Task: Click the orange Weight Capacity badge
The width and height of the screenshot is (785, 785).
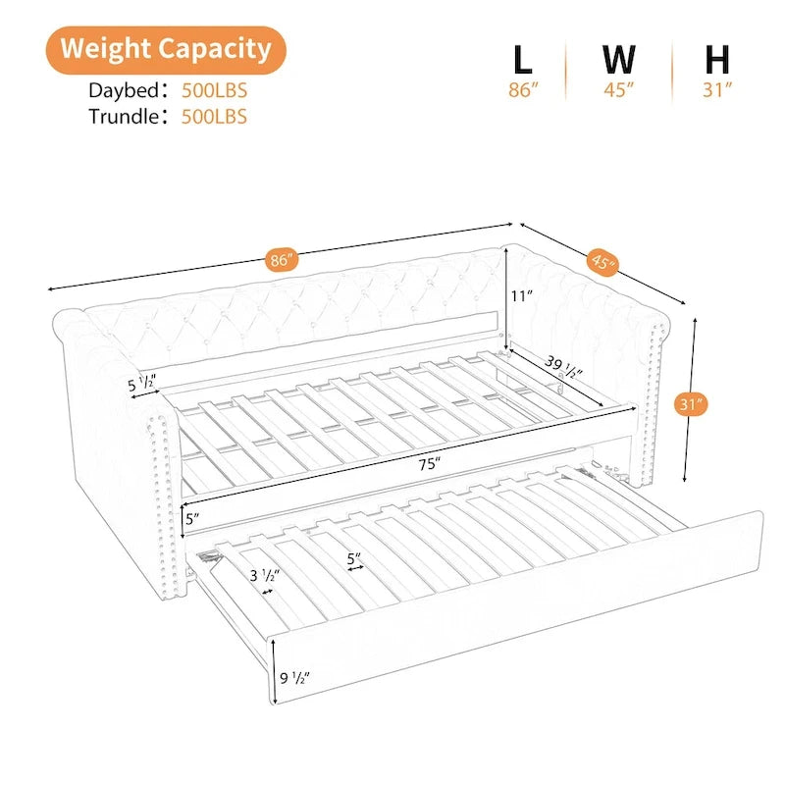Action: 166,50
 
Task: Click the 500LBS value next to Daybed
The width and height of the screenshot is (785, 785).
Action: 214,90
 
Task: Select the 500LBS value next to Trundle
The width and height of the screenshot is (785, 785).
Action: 214,117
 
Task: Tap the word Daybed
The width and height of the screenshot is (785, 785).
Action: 124,90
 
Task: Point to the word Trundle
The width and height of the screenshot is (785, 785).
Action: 124,117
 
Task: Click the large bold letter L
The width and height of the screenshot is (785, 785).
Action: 523,60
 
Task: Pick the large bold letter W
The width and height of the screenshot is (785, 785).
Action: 619,60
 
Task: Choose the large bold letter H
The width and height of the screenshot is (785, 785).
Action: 717,60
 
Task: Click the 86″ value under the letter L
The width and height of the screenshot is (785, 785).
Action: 523,90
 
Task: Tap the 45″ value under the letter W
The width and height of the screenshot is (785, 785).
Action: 619,90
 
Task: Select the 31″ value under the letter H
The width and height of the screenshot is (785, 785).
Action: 717,90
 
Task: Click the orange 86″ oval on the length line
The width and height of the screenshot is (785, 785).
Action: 282,260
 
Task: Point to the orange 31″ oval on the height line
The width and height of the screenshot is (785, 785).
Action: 691,404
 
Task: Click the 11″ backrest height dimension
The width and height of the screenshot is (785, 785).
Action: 522,296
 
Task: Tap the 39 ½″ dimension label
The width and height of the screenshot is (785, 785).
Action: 563,366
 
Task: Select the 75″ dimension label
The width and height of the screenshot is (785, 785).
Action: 430,464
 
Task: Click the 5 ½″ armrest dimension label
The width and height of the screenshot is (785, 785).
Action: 142,384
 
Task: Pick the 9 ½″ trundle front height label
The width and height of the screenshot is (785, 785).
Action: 295,678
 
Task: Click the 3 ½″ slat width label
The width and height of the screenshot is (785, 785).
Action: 265,576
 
